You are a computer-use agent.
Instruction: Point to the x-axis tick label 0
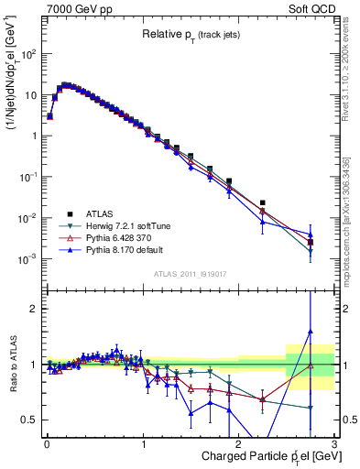tap(47, 444)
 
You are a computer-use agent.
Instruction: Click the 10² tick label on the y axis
tap(28, 54)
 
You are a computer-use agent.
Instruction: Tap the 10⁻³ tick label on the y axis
tap(28, 259)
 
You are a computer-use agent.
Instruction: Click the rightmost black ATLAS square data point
tap(311, 243)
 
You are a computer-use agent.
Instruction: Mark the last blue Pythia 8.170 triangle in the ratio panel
tap(311, 332)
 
